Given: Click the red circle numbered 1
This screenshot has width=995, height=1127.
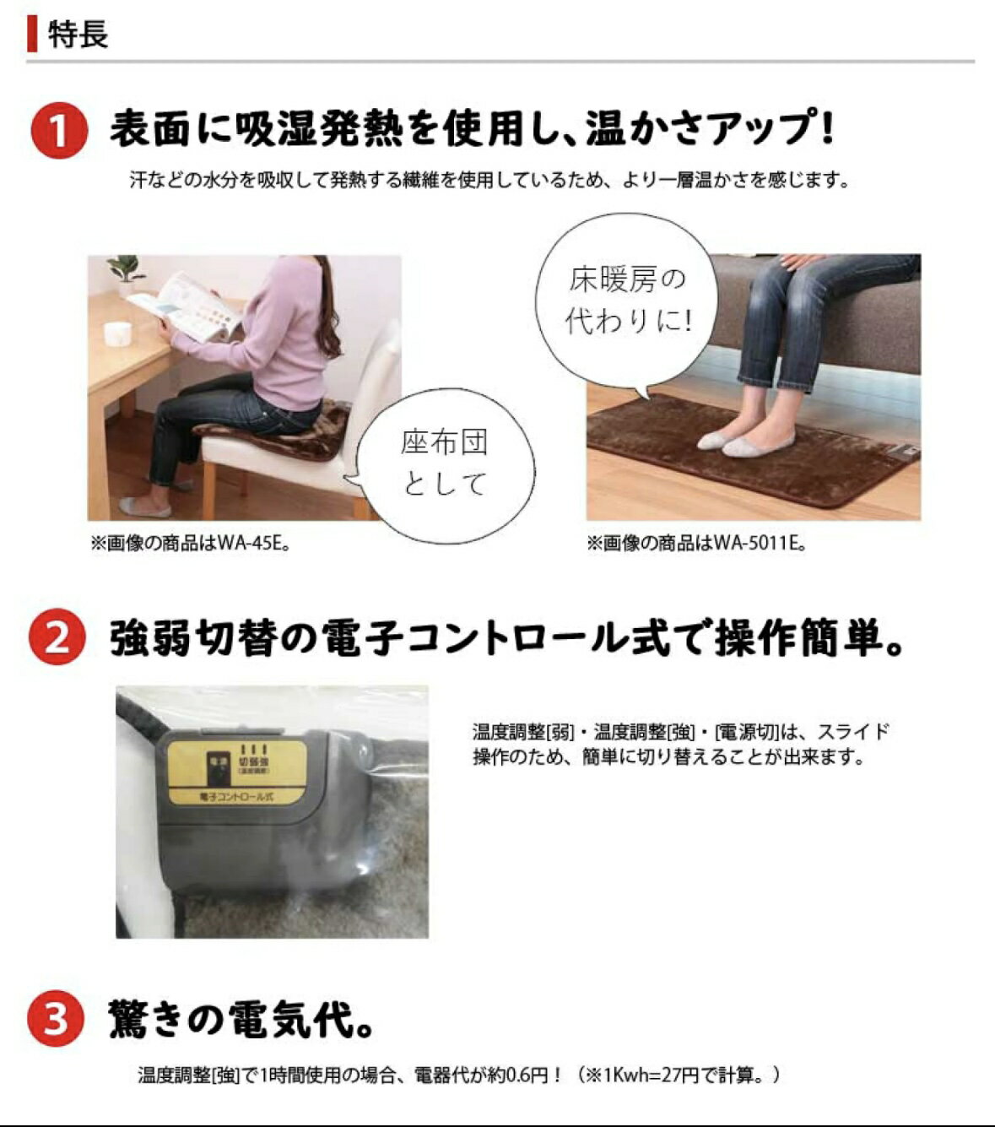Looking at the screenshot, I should point(58,131).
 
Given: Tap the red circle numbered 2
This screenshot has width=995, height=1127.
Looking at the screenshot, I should point(57,637).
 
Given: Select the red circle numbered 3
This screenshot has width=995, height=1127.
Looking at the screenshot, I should point(56,1018).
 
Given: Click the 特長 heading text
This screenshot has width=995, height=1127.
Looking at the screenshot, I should point(78,35).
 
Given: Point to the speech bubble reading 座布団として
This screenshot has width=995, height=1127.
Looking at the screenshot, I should point(445,463).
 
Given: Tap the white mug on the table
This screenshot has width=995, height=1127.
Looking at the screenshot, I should point(116,333).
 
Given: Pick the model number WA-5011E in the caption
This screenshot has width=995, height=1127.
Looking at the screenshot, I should point(755,544).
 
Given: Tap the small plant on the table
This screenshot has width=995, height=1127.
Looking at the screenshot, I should point(126,268).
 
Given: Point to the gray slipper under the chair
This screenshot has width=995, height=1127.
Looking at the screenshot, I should point(144,507).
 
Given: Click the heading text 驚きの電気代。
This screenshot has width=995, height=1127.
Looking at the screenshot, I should point(241,1019).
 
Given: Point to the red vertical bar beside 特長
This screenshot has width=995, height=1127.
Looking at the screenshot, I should point(32,35).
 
